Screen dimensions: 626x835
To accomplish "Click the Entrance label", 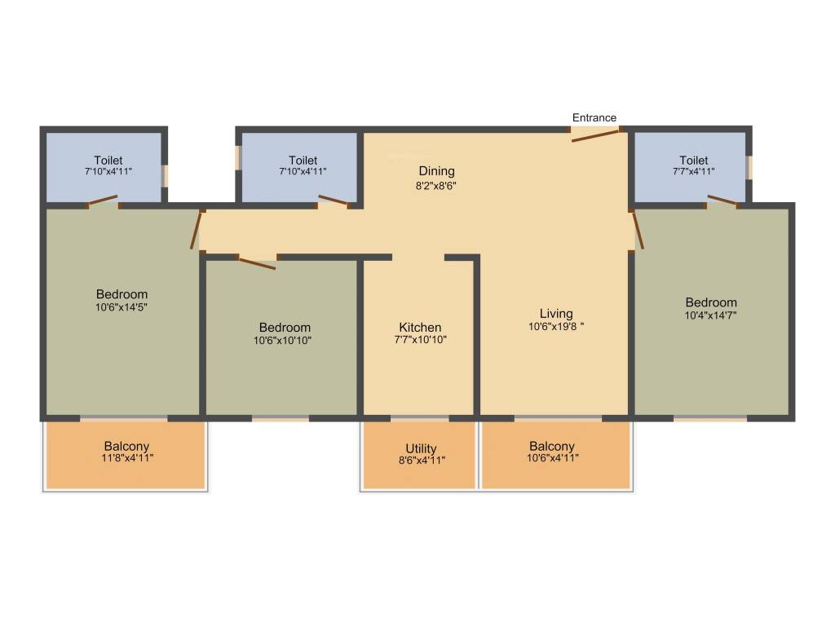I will pos(594,118).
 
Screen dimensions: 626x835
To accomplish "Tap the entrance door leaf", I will pos(595,134).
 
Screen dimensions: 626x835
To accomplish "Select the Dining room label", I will pos(436,171).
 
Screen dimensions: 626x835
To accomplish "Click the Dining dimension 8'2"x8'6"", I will pos(436,184).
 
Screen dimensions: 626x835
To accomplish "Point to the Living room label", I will pos(556,314).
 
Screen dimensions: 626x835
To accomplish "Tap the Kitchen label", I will pos(420,328).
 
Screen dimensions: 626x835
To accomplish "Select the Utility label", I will pos(421,448).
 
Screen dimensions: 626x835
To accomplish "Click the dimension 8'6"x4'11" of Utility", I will pos(421,461).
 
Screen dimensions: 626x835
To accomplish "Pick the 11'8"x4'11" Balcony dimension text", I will pos(126,459).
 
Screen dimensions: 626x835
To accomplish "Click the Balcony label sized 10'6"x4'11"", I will pos(552,447).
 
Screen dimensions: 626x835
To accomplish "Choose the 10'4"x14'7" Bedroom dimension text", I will pos(710,315).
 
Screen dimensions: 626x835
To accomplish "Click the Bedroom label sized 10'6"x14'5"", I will pos(121,294).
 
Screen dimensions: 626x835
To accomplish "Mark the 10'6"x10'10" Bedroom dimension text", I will pos(282,341).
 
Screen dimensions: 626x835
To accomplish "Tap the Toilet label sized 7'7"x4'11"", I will pos(693,161).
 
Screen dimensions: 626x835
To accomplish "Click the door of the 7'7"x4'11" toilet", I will pos(723,201).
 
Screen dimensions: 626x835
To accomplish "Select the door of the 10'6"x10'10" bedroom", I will pos(256,262).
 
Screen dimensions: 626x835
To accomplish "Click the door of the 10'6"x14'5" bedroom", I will pos(196,230).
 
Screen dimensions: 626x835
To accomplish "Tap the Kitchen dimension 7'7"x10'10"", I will pos(420,340).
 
